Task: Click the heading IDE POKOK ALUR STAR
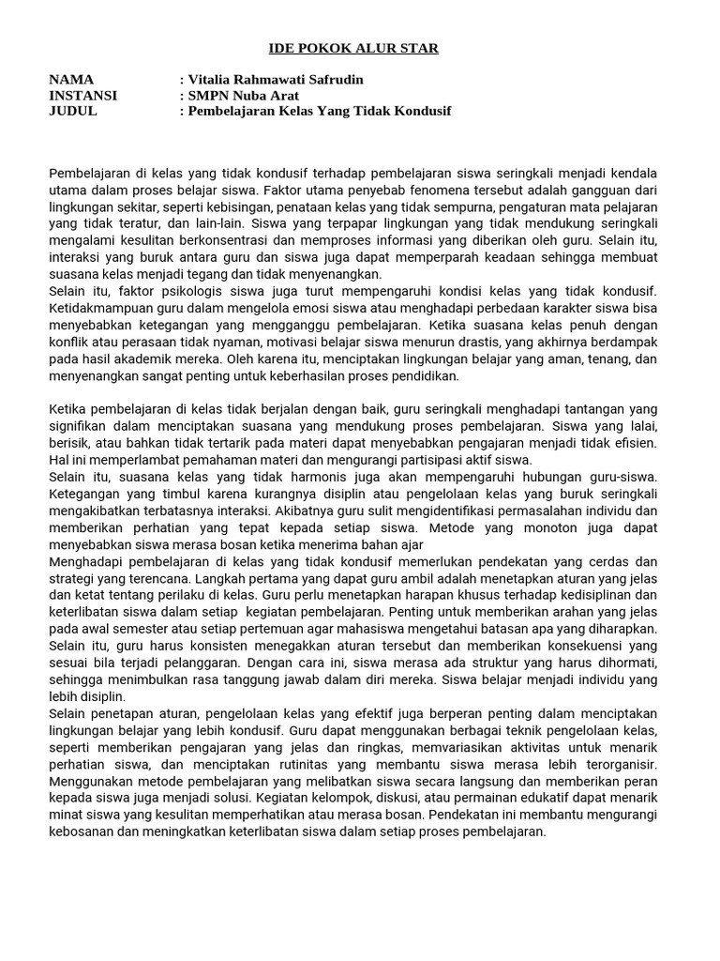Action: [x=353, y=48]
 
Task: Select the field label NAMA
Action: [x=71, y=80]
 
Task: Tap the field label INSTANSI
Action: [x=82, y=95]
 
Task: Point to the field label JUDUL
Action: [x=72, y=111]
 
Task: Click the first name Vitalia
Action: [x=213, y=80]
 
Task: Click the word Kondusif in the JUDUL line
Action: [x=419, y=111]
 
